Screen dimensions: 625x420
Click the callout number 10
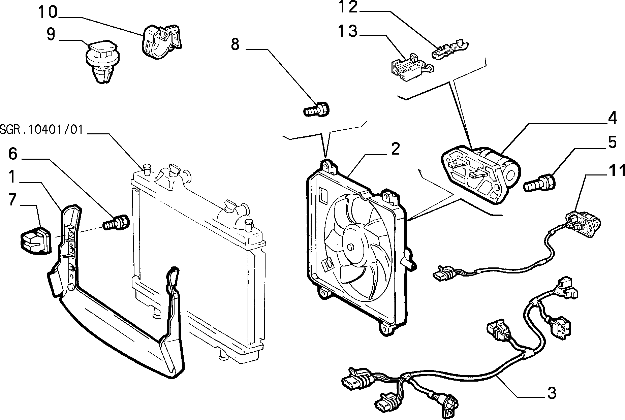48,12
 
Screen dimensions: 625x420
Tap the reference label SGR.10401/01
41,130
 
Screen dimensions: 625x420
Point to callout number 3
551,393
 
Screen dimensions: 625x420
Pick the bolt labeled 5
539,182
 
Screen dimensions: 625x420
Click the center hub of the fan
351,247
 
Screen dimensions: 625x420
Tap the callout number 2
395,149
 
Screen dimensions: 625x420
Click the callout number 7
12,199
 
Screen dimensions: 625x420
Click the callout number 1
12,176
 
